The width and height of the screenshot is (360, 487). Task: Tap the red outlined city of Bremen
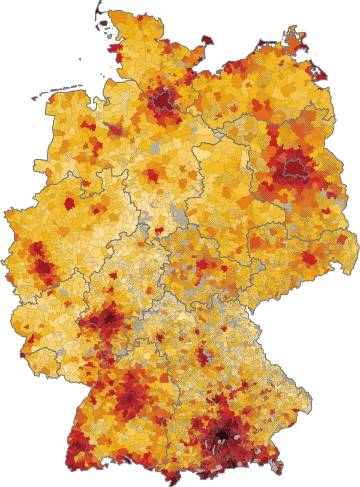[x=115, y=129]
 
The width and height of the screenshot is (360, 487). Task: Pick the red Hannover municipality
[x=151, y=175]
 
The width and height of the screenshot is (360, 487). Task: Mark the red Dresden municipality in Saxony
[x=309, y=258]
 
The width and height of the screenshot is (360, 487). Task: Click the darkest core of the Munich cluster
[x=223, y=435]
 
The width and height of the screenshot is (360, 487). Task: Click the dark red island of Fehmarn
[x=208, y=41]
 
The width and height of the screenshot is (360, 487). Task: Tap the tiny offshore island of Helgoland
[x=80, y=60]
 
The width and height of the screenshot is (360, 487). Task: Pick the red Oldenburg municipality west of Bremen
[x=89, y=126]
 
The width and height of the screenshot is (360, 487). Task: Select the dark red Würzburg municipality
[x=160, y=338]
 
